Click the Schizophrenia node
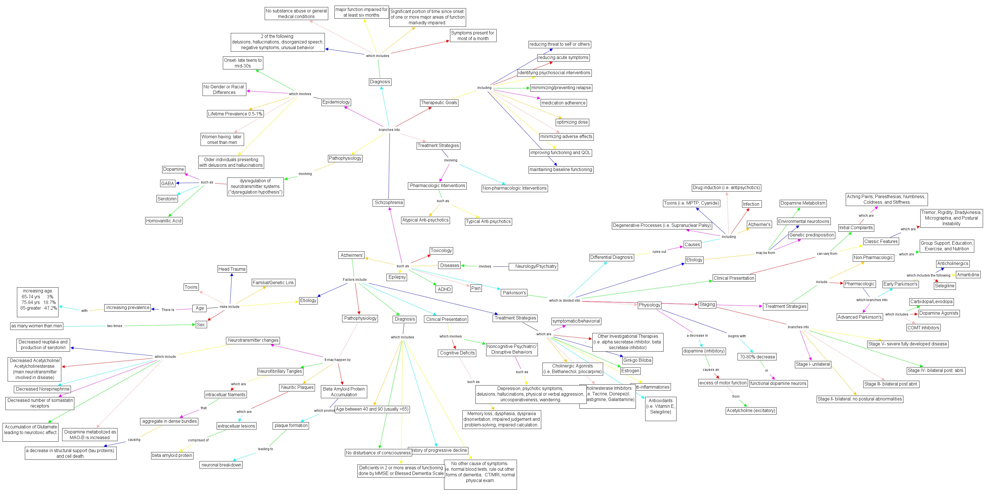point(388,202)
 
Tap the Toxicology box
point(441,251)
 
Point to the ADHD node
point(444,289)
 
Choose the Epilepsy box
point(397,277)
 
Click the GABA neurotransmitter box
point(168,183)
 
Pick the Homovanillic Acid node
point(164,221)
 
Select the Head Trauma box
point(232,269)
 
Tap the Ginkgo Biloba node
point(637,360)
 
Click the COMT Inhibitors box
point(923,328)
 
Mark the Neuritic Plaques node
point(297,387)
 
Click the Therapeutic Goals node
point(439,102)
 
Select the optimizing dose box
point(572,122)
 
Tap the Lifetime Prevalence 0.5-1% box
point(235,114)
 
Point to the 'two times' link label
point(115,326)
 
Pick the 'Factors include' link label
point(355,280)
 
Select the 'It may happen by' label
point(337,360)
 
